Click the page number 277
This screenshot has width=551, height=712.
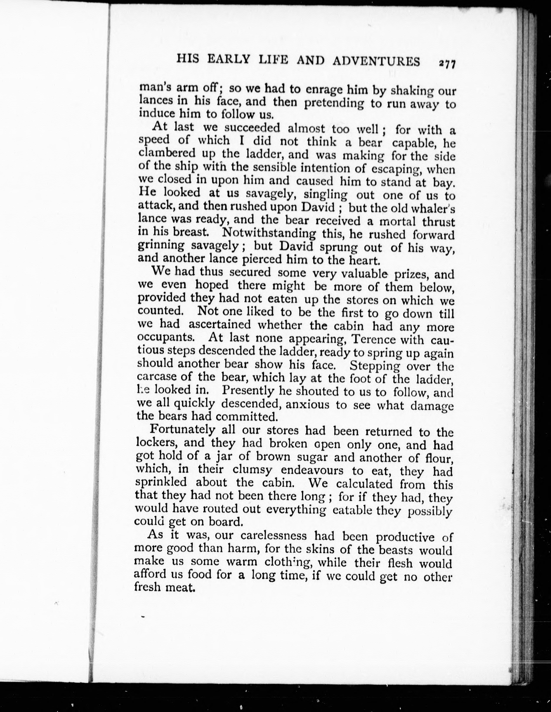tap(447, 64)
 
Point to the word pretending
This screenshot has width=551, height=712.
tap(333, 103)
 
